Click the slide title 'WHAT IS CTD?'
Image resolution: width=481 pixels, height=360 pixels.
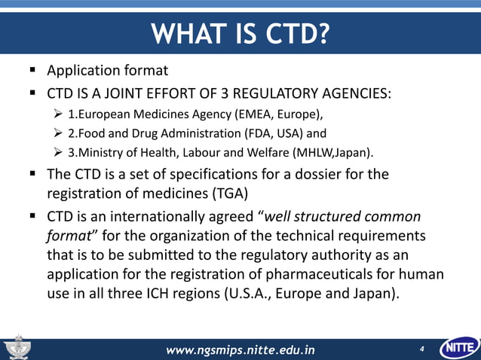(x=240, y=34)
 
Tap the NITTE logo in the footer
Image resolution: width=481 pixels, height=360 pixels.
(x=460, y=349)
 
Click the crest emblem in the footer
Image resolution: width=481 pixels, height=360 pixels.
(x=16, y=349)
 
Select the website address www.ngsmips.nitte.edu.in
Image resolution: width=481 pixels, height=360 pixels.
(x=240, y=349)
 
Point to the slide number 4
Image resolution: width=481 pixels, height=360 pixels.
(x=421, y=349)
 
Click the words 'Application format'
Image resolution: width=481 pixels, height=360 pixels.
(x=107, y=72)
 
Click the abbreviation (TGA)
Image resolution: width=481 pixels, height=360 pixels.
(x=217, y=192)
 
